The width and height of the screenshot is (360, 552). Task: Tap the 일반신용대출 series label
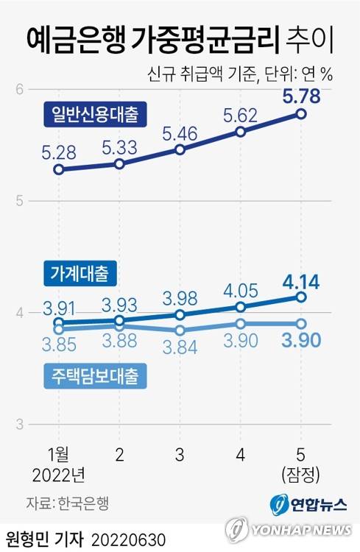tap(94, 114)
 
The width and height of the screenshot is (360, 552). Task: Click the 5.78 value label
tap(301, 95)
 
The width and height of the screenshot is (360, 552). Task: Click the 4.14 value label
tap(301, 280)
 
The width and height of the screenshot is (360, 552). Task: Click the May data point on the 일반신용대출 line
tap(301, 113)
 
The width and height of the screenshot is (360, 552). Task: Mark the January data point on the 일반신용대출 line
tap(59, 169)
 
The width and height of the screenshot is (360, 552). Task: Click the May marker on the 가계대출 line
tap(301, 297)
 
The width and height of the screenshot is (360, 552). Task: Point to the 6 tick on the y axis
tap(21, 89)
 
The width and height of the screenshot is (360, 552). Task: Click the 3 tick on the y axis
tap(21, 425)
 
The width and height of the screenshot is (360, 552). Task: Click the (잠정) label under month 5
tap(301, 471)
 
